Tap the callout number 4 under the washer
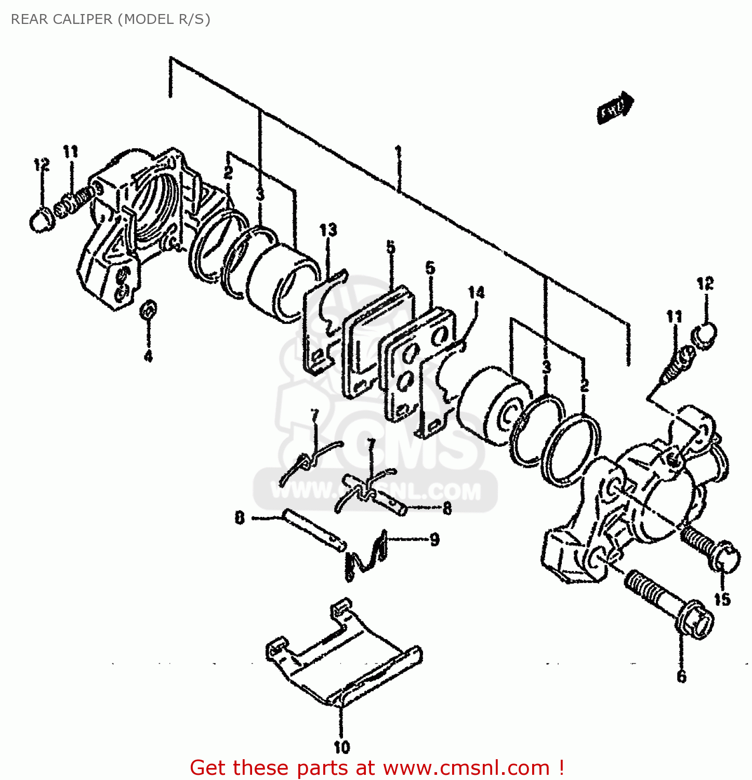(148, 356)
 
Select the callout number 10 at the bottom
(341, 747)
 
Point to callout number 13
(328, 230)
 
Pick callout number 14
(476, 293)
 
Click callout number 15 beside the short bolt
(722, 600)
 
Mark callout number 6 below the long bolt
(681, 676)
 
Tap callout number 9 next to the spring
(434, 539)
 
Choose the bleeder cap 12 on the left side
(40, 219)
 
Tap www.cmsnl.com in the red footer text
(466, 768)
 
